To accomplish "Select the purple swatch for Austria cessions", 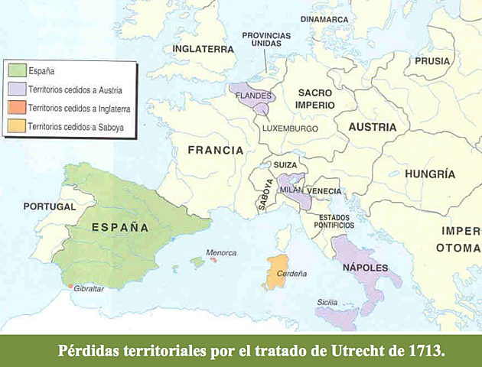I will pos(16,89).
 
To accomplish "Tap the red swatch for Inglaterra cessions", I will pos(16,107).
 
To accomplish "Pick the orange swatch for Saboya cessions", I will pos(16,125).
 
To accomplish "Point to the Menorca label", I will pos(221,253).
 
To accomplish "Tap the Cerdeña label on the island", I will pos(291,273).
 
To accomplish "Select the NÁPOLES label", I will pos(366,268).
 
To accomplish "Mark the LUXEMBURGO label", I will pos(289,128).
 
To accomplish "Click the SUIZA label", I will pos(285,165).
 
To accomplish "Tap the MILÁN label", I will pos(291,190).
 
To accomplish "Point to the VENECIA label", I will pos(325,190).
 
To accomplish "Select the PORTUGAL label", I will pos(49,206).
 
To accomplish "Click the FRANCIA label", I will pos(216,150).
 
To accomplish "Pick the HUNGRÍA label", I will pos(430,174).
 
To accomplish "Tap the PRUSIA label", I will pos(432,60).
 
